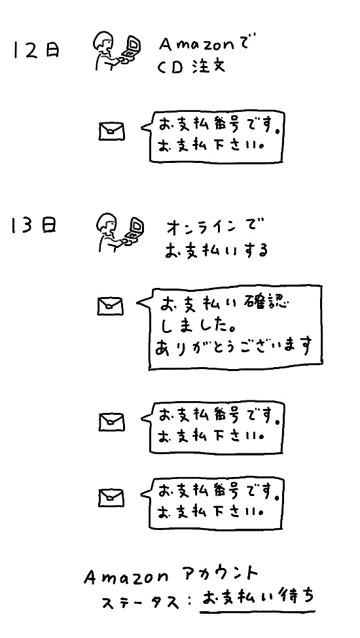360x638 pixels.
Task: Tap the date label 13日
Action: point(34,226)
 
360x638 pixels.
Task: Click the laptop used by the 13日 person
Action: point(134,230)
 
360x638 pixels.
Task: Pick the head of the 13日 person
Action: point(106,223)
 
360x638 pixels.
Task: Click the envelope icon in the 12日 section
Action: point(112,132)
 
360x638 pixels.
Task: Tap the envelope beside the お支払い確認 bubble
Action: point(110,306)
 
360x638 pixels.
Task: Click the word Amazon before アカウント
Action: point(126,577)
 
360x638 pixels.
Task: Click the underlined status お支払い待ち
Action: point(258,598)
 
